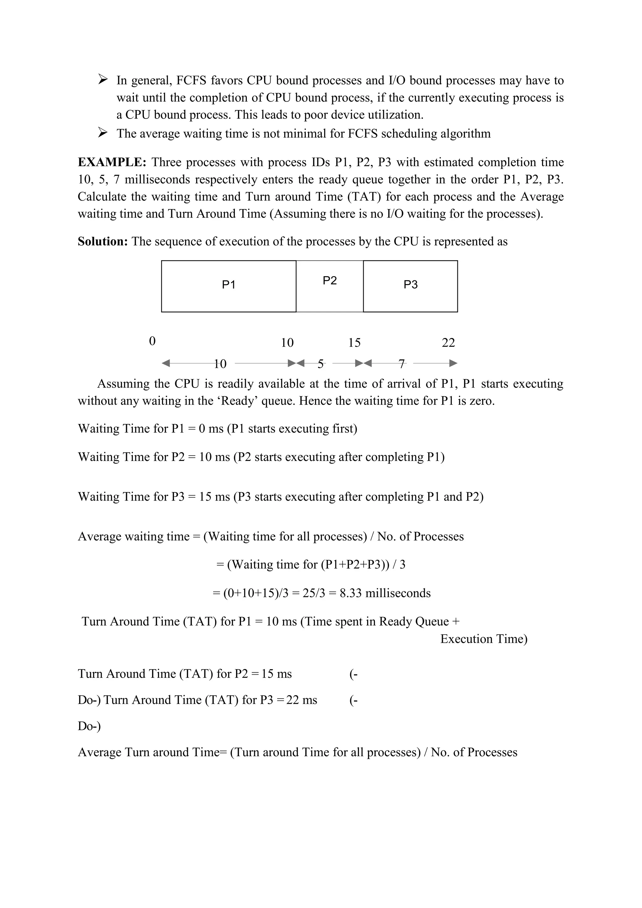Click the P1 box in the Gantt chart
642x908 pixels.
[x=229, y=286]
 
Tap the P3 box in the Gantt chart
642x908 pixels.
[x=410, y=286]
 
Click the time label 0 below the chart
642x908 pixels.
[x=152, y=341]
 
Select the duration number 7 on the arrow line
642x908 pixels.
[x=402, y=363]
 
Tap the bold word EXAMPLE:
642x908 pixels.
[x=112, y=162]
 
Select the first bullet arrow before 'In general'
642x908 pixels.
[x=103, y=80]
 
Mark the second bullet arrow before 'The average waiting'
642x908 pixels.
[x=103, y=133]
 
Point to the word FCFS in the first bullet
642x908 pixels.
[x=191, y=81]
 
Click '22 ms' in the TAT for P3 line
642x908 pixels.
[x=302, y=700]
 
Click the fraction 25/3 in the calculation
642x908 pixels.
[x=314, y=593]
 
